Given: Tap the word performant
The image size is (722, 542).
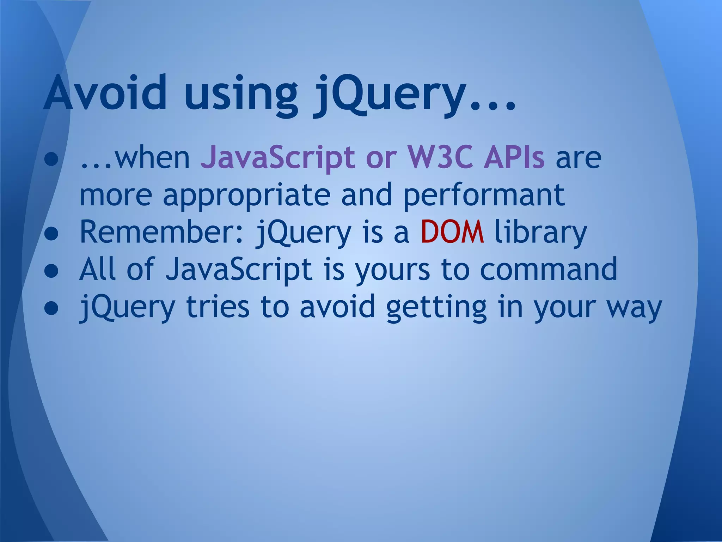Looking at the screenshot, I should tap(484, 196).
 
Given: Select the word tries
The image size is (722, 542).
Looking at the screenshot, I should tap(218, 307).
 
